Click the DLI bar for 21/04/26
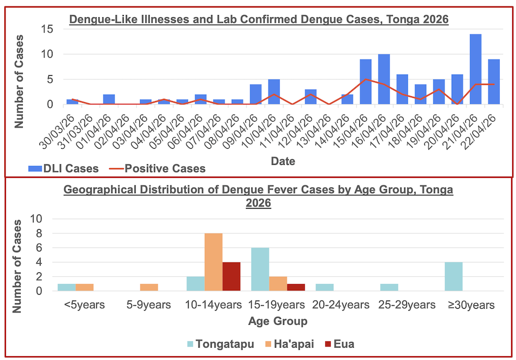click(x=475, y=69)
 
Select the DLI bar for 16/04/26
click(x=384, y=79)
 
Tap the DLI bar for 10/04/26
click(x=274, y=92)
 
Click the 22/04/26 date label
click(x=485, y=125)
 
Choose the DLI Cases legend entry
click(x=64, y=169)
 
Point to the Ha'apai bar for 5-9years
click(x=150, y=287)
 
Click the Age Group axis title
click(x=277, y=322)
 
